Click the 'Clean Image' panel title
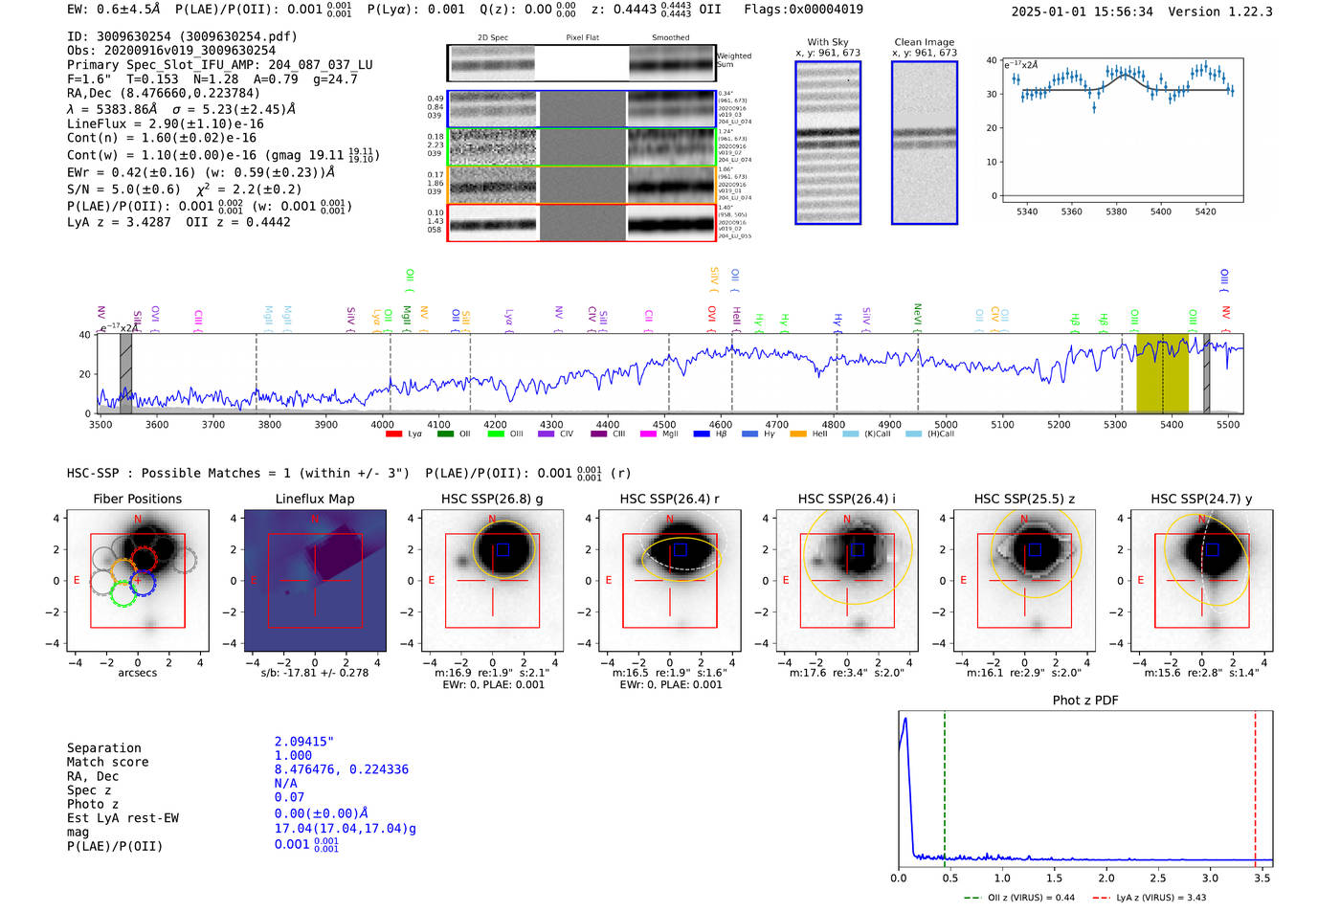coord(924,42)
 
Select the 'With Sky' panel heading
coord(827,42)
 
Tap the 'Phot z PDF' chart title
coord(1084,701)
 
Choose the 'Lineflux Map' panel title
coord(314,499)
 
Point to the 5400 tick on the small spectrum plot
coord(1160,211)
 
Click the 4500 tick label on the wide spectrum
coord(663,425)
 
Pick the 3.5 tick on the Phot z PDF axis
coord(1262,878)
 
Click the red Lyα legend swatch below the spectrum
coord(393,434)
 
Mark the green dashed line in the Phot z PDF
coord(944,785)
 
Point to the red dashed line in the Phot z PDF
coord(1255,785)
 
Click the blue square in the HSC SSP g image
coord(502,549)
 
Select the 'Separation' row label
coord(103,748)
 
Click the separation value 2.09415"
coord(303,742)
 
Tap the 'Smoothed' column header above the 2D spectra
coord(670,38)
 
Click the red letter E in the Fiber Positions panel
coord(77,581)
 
